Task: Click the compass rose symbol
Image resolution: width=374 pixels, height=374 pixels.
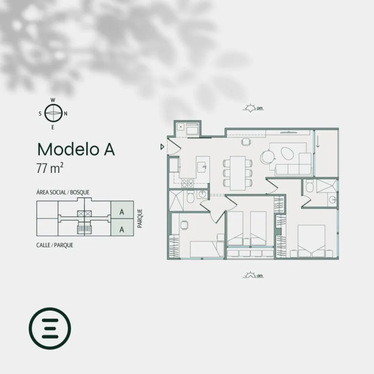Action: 54,113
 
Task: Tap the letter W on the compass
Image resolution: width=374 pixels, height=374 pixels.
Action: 53,100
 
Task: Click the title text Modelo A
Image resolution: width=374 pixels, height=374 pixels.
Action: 76,150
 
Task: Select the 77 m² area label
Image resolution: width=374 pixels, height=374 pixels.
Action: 50,168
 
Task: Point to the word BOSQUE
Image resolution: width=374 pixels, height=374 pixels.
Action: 80,192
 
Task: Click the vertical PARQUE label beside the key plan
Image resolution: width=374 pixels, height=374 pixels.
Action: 140,218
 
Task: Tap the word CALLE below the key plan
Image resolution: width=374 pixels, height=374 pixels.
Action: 43,245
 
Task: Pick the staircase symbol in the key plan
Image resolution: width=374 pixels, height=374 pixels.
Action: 84,229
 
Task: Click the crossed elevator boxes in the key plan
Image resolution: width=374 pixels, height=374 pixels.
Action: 84,213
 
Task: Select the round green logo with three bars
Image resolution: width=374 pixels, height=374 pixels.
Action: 50,328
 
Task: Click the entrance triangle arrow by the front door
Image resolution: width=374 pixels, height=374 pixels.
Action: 162,147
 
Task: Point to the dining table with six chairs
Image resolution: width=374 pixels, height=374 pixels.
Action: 238,173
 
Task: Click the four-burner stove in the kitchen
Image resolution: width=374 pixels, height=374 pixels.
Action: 187,183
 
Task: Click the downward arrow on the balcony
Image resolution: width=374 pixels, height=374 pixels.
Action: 318,143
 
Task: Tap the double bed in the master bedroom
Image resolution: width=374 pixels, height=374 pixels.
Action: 311,241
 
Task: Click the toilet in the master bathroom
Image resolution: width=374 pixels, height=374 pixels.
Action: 309,187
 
